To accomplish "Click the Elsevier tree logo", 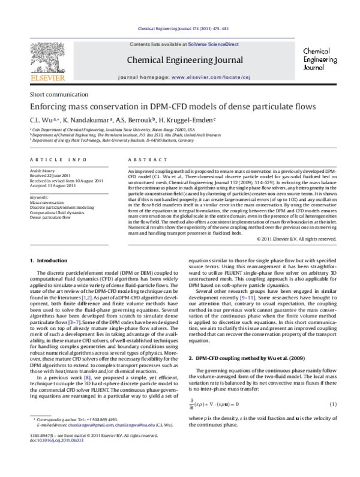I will point(43,61).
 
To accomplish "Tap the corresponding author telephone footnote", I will point(76,436).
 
